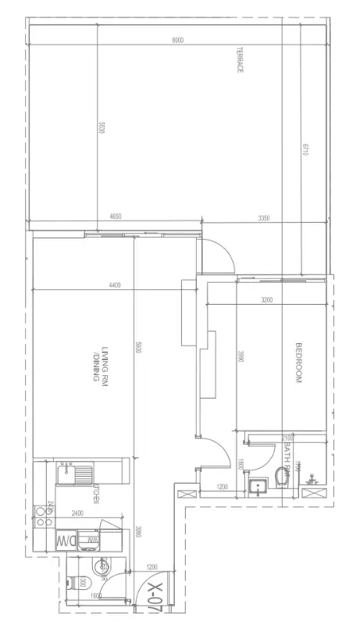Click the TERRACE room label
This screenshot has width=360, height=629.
tap(241, 60)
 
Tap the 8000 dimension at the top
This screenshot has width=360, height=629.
tap(178, 41)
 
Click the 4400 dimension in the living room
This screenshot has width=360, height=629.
tap(115, 285)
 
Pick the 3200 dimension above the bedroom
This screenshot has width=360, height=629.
tap(267, 299)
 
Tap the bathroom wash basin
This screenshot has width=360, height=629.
tap(258, 488)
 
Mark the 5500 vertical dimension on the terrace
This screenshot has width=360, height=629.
tap(101, 127)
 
